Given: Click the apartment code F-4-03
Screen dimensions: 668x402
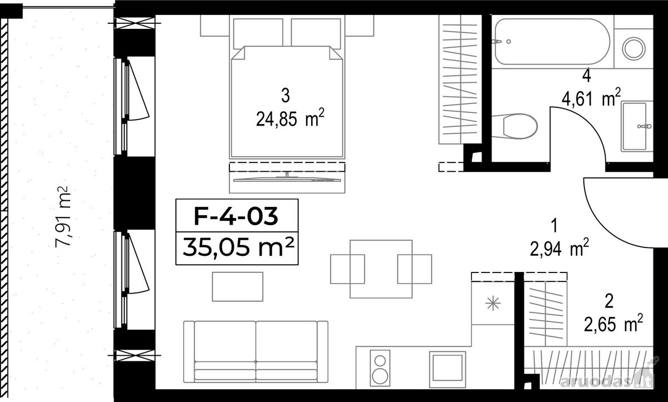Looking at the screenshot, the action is (236, 216).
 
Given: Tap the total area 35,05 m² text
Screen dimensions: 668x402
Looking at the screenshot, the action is (238, 247).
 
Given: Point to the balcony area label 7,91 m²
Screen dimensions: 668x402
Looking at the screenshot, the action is (63, 216).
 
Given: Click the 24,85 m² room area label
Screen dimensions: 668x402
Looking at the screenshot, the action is (290, 118).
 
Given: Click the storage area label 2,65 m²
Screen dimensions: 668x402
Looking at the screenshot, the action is (613, 322).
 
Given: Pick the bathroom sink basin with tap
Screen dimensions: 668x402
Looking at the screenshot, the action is (637, 126).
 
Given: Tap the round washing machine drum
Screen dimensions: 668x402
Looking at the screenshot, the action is (633, 48).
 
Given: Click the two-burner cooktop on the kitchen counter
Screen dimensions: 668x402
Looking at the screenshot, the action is (380, 368).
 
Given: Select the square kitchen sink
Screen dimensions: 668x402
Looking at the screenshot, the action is (448, 370).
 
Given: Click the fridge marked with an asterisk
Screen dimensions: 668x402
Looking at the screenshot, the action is (493, 304).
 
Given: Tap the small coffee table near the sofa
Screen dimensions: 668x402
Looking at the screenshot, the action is (237, 286).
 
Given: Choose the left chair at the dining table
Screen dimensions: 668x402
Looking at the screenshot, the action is (347, 269).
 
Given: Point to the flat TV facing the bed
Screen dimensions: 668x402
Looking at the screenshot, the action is (287, 179).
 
